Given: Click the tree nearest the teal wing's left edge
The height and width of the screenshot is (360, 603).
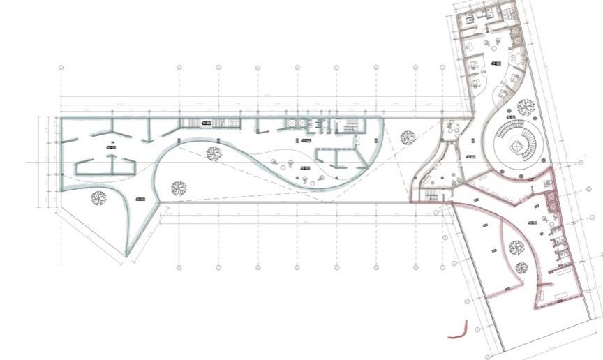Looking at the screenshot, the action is pyautogui.click(x=98, y=198).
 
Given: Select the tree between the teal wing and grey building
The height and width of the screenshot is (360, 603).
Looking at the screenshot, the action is pyautogui.click(x=408, y=139).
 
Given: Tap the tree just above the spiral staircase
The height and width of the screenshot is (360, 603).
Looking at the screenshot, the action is pyautogui.click(x=526, y=107).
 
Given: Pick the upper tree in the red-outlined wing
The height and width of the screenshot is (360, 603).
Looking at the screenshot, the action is pyautogui.click(x=516, y=247).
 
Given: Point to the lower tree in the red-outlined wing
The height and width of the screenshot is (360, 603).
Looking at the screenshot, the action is pyautogui.click(x=521, y=267).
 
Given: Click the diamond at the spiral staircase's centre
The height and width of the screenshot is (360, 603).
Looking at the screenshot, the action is pyautogui.click(x=517, y=145).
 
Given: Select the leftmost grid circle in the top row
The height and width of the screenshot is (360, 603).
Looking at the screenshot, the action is pyautogui.click(x=61, y=68).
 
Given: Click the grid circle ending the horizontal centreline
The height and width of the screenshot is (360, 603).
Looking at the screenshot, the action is pyautogui.click(x=581, y=163).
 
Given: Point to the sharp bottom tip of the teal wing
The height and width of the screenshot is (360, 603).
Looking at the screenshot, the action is pyautogui.click(x=126, y=256).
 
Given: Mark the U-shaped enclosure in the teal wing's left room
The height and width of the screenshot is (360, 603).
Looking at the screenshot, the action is pyautogui.click(x=105, y=165).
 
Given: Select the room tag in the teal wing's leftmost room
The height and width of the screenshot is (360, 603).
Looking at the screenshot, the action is pyautogui.click(x=110, y=148).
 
